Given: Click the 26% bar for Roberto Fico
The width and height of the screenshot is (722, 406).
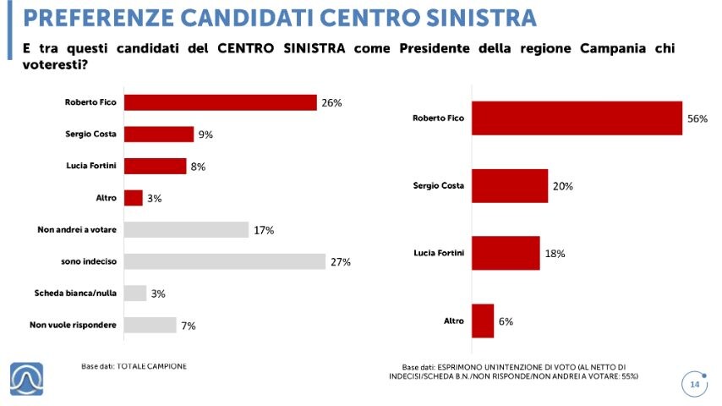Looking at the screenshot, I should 220,102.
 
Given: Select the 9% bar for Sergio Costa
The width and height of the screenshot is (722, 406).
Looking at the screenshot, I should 159,134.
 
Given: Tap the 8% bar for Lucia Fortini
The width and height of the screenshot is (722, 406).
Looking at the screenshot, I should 155,166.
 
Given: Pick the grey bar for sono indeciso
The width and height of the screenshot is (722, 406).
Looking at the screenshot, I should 224,261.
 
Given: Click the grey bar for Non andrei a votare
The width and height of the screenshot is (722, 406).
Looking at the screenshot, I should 186,229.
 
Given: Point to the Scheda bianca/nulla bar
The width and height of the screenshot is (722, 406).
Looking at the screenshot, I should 135,294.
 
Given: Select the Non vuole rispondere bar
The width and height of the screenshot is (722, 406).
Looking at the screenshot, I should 150,325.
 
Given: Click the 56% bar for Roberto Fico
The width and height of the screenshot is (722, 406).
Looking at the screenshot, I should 577,118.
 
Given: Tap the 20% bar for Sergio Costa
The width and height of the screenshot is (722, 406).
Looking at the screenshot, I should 510,185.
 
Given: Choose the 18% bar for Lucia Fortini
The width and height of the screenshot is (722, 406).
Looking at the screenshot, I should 506,253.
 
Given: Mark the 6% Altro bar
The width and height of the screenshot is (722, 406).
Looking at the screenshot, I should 483,321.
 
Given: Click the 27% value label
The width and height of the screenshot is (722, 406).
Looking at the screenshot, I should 340,262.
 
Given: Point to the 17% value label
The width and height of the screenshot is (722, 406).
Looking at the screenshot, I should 264,230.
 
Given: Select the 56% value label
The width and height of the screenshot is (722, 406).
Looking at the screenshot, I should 697,119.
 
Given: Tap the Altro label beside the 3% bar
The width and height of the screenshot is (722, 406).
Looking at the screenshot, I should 107,198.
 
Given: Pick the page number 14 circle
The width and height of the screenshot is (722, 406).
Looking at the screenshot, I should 695,385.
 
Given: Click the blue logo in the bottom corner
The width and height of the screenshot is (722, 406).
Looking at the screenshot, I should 27,378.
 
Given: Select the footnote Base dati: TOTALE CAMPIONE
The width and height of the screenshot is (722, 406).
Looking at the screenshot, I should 134,366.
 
